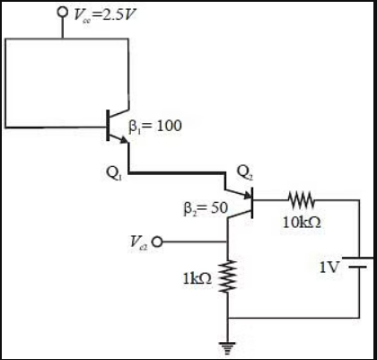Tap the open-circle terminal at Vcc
(x=62, y=13)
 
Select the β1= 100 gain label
(x=158, y=125)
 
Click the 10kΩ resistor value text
(x=299, y=222)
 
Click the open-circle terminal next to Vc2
(x=159, y=241)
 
